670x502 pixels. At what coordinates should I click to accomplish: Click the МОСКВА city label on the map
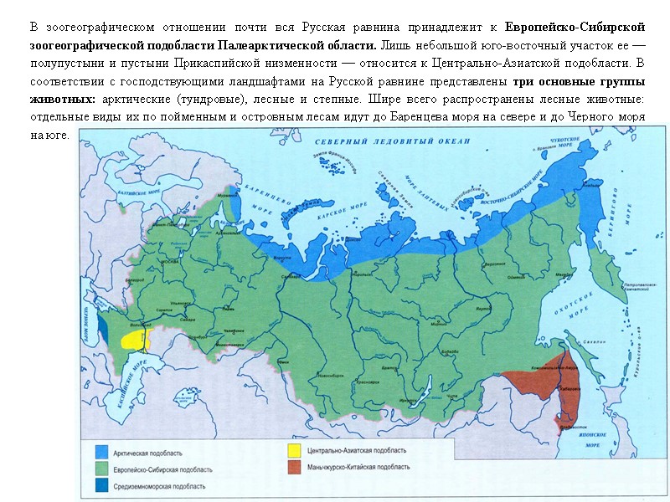(171, 262)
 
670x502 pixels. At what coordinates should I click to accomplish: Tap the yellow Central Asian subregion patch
(135, 339)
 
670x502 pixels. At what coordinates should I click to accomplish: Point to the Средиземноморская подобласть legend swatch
(101, 485)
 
